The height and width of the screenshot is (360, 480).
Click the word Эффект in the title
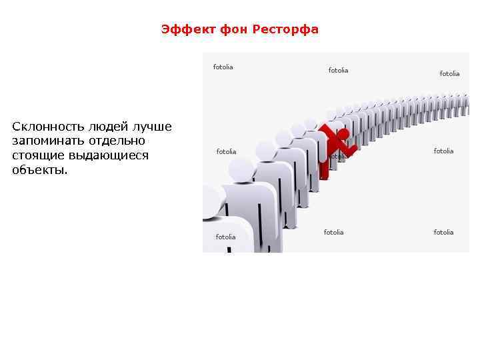[x=181, y=30]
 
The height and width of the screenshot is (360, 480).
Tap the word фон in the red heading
[x=227, y=30]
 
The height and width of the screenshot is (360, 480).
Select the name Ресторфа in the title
[x=285, y=30]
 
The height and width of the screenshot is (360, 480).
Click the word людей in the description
[x=101, y=127]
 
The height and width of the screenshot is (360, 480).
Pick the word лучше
[x=152, y=127]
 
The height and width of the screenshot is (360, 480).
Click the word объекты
[x=39, y=169]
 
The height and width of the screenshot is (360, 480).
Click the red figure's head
[x=341, y=134]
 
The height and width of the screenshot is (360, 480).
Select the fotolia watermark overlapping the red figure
[x=339, y=157]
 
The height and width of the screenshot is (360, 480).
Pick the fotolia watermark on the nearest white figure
[x=225, y=237]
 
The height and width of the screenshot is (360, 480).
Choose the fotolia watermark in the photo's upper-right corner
[x=449, y=73]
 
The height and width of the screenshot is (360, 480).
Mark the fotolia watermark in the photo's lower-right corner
[x=443, y=232]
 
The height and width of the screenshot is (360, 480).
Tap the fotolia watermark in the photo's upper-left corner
[x=223, y=67]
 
